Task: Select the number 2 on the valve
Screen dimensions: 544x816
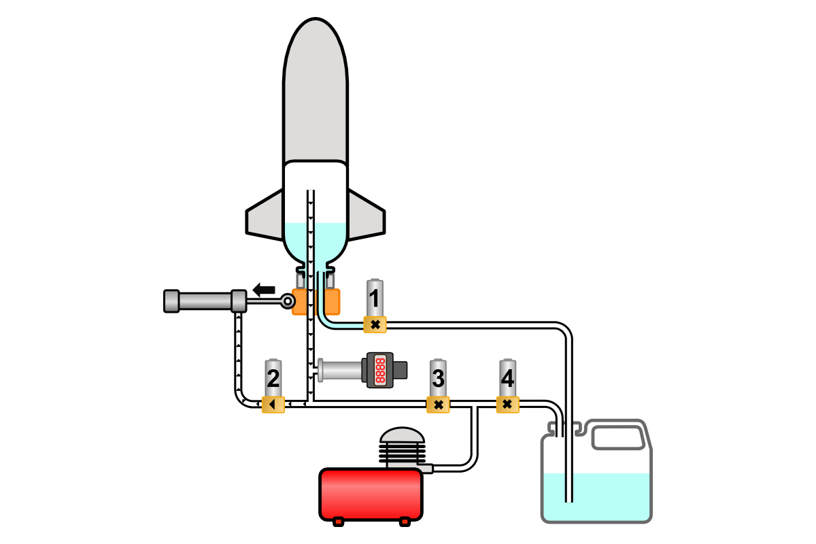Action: (x=273, y=377)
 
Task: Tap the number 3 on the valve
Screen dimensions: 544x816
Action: (x=439, y=377)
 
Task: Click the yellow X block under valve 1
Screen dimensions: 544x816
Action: (x=375, y=325)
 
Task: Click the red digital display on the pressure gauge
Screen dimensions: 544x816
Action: (x=380, y=370)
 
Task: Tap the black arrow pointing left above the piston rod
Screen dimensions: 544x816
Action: (x=264, y=290)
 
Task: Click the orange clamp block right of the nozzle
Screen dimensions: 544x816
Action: (x=332, y=302)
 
